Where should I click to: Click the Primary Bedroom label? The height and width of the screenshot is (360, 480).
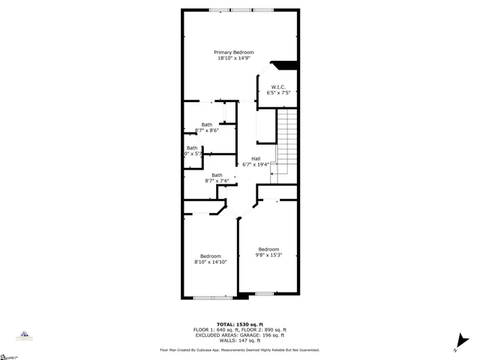click(233, 52)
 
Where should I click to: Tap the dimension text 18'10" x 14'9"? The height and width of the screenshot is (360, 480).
click(233, 58)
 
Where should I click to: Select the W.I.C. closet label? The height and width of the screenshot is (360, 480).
click(277, 86)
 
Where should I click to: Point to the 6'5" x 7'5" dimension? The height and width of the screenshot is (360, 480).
click(277, 92)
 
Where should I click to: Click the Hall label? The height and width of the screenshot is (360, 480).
click(256, 158)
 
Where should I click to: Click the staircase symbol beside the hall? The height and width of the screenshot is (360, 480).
click(286, 142)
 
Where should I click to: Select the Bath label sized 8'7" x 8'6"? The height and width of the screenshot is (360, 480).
click(206, 124)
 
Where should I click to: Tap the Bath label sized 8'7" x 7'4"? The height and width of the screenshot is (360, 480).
click(216, 175)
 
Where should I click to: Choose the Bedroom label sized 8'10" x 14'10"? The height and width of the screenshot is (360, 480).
click(210, 256)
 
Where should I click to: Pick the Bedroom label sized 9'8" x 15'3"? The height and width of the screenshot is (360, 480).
click(268, 249)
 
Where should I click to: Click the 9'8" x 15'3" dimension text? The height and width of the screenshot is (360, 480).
click(268, 255)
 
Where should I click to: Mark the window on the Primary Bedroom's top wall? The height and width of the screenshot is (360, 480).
click(241, 10)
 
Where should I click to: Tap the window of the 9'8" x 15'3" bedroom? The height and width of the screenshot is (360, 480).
click(264, 293)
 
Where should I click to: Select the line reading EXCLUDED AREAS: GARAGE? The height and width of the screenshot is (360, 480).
click(239, 334)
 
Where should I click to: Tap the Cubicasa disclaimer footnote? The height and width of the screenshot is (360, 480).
click(239, 349)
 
